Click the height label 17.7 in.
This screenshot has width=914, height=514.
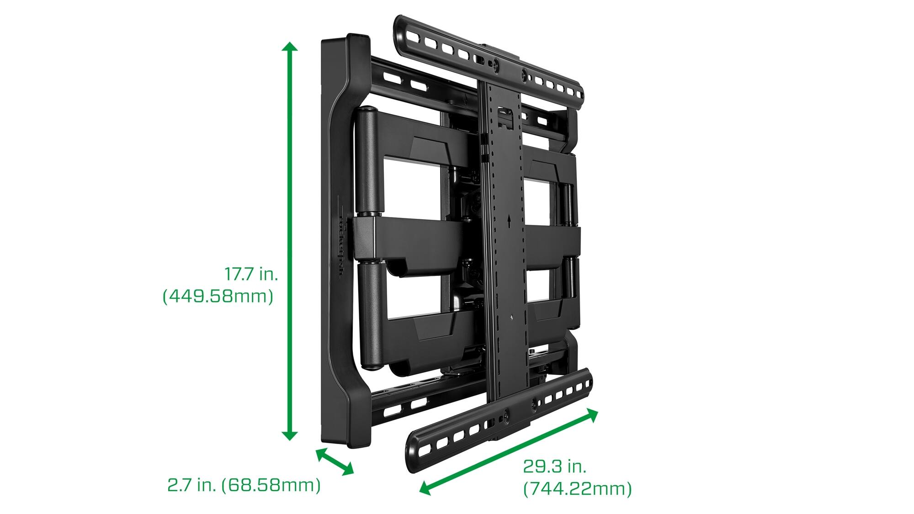coord(251,274)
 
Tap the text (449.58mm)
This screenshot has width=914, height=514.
coord(218,297)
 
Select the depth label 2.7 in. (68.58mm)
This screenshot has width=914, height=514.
coord(244,485)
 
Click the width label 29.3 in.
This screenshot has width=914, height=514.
coord(554,467)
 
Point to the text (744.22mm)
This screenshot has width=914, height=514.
coord(577,489)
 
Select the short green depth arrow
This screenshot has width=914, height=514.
coord(335,461)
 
